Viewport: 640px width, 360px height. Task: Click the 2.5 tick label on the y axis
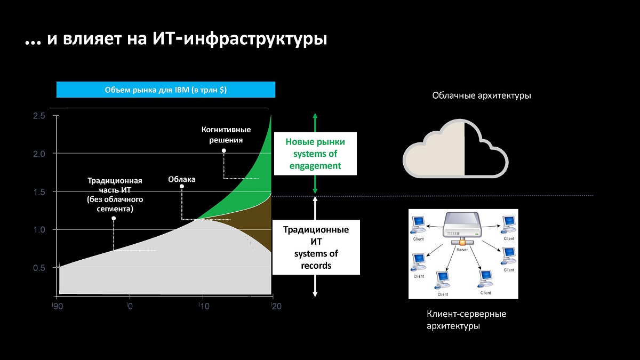pyautogui.click(x=39, y=116)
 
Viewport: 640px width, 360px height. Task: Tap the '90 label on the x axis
pyautogui.click(x=58, y=306)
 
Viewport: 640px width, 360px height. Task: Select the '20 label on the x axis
pyautogui.click(x=276, y=306)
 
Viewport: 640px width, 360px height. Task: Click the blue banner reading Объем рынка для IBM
pyautogui.click(x=166, y=90)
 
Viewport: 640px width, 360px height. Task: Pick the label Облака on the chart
pyautogui.click(x=182, y=179)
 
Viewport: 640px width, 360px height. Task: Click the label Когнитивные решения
pyautogui.click(x=226, y=135)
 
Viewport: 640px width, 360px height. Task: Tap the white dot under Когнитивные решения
pyautogui.click(x=224, y=150)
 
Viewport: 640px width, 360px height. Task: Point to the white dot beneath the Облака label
pyautogui.click(x=182, y=187)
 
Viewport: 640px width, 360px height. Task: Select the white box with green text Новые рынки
pyautogui.click(x=315, y=154)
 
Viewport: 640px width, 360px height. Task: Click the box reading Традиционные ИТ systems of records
pyautogui.click(x=316, y=247)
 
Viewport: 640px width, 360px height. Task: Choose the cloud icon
pyautogui.click(x=455, y=149)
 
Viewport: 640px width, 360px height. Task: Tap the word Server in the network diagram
pyautogui.click(x=462, y=250)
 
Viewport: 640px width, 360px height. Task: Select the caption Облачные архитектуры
pyautogui.click(x=482, y=95)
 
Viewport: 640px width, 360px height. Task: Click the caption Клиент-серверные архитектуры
pyautogui.click(x=466, y=319)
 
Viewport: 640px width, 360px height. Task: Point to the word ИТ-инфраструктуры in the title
pyautogui.click(x=239, y=39)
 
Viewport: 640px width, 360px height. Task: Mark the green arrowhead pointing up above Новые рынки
pyautogui.click(x=315, y=116)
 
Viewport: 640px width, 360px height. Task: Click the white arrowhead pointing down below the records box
pyautogui.click(x=315, y=294)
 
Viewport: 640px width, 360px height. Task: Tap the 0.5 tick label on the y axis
pyautogui.click(x=39, y=268)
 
